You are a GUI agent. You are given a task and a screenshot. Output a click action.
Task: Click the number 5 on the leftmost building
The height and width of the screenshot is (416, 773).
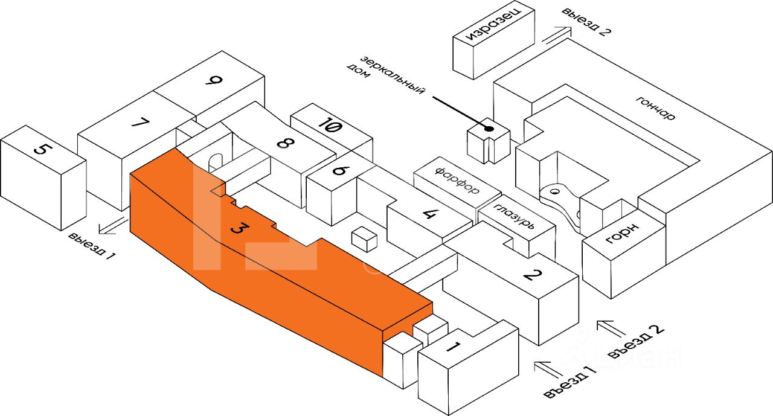(x=40, y=148)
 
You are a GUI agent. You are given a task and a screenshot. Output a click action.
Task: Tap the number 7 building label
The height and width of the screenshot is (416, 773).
(x=140, y=123)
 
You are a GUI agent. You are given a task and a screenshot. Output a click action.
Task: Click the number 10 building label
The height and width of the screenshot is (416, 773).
(x=331, y=127)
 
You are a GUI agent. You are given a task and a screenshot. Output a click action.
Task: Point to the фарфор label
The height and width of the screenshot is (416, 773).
(x=457, y=179)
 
